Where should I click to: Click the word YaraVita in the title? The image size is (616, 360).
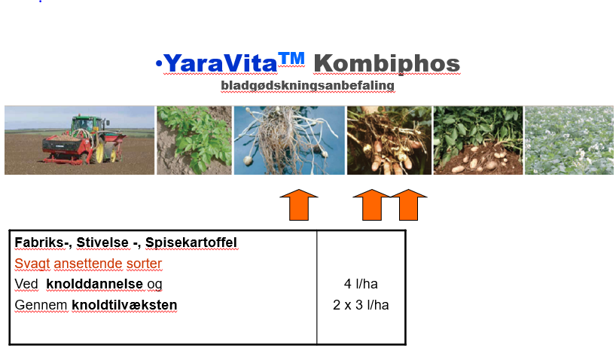point(221,63)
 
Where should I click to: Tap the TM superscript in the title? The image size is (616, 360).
point(291,59)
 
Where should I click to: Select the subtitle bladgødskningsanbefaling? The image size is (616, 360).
point(307,86)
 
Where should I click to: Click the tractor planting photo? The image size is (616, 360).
point(79,140)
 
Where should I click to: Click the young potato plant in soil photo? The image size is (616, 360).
point(194,140)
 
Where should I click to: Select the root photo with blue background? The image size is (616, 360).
point(289,140)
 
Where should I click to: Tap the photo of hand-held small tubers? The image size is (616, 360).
point(389,140)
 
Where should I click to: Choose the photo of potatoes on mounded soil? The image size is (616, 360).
point(478,140)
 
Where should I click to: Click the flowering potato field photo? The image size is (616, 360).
point(569,140)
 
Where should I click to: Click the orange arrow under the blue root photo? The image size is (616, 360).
point(298,205)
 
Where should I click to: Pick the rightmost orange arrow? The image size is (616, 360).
point(409,205)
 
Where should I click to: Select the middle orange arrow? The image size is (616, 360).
point(372,205)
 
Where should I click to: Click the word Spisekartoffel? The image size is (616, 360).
point(191,243)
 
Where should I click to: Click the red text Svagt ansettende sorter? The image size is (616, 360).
point(88,264)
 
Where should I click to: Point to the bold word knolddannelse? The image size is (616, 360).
point(94,284)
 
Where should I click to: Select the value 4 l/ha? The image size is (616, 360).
point(361,284)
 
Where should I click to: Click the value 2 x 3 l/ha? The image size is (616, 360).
point(361,305)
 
